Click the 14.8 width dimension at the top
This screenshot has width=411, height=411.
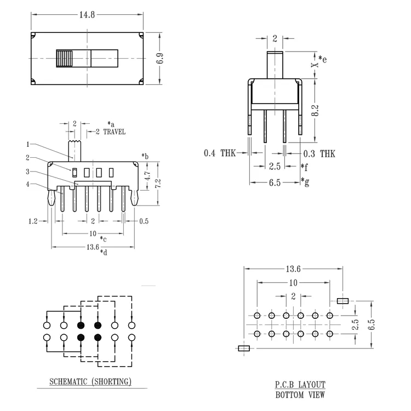(87, 15)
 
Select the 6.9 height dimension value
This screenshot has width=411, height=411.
(159, 58)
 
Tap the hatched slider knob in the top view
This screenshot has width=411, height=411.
(64, 58)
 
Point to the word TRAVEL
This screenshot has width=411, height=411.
(115, 132)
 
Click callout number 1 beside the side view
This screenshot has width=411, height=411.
(28, 144)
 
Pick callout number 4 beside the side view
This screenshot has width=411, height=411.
(28, 184)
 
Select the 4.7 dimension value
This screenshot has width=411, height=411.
(147, 175)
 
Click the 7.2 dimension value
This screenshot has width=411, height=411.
(157, 183)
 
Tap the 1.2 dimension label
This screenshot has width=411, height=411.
(33, 221)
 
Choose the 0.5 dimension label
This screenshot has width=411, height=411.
(144, 221)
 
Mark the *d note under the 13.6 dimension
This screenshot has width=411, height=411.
(104, 253)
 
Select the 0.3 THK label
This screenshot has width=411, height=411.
(319, 153)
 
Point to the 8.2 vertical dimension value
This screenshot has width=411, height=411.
(315, 110)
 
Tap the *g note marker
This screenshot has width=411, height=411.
(305, 181)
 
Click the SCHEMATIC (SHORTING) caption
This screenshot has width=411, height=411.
(90, 381)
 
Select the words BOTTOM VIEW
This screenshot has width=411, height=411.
(300, 395)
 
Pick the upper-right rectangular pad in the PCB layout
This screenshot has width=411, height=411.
(342, 301)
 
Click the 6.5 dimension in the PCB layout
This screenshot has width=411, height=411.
(372, 324)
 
